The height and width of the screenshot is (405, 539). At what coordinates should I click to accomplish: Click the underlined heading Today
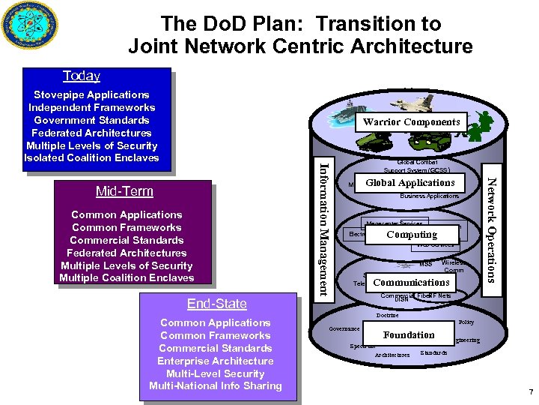[x=82, y=76]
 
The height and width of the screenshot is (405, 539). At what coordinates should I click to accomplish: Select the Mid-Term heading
[x=124, y=191]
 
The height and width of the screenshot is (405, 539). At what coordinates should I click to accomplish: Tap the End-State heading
[x=216, y=304]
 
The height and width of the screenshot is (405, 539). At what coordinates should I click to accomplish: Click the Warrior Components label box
[x=411, y=121]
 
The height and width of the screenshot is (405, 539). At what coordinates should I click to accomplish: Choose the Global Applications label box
[x=409, y=183]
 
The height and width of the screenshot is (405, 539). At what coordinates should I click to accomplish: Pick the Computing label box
[x=412, y=235]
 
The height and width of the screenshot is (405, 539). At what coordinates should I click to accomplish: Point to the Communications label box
[x=411, y=283]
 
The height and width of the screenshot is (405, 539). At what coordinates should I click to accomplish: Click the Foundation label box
[x=409, y=335]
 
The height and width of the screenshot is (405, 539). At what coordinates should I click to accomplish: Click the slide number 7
[x=529, y=392]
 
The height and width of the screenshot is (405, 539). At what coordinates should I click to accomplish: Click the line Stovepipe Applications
[x=91, y=94]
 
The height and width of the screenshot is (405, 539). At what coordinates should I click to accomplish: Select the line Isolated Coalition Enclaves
[x=91, y=158]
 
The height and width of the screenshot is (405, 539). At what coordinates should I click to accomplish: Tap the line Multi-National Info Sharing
[x=216, y=386]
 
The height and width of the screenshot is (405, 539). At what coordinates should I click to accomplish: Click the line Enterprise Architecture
[x=216, y=361]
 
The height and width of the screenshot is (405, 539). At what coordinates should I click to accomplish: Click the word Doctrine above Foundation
[x=387, y=315]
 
